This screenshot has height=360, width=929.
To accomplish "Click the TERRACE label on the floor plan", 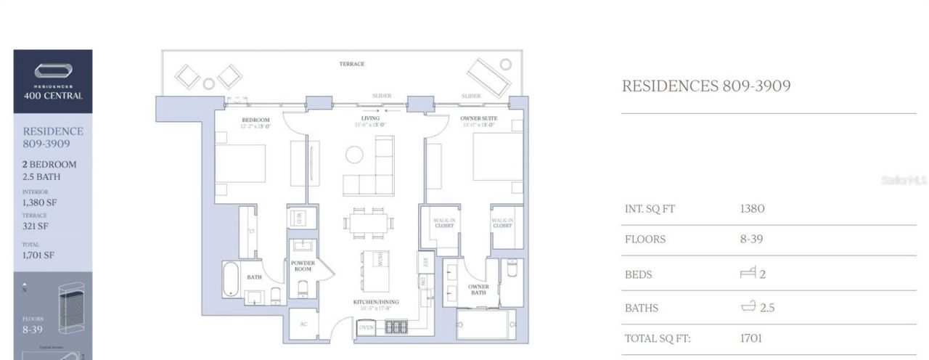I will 351,64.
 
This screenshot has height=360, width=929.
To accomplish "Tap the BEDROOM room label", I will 255,120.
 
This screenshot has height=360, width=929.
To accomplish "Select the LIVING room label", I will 370,118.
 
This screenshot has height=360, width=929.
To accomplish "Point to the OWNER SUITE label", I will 478,118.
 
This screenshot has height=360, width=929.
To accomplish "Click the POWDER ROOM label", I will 303,266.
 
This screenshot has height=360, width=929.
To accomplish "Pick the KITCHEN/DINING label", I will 376,302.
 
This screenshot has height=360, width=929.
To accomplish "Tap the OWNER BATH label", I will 478,290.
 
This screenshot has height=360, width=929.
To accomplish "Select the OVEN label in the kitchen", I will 367,328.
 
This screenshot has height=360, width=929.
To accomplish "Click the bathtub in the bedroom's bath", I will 230,279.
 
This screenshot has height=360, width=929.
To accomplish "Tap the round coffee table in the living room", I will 354,155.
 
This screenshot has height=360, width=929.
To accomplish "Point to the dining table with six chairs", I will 368,223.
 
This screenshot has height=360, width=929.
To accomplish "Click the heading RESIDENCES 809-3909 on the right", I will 705,86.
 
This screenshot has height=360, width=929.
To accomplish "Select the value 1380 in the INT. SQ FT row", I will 752,208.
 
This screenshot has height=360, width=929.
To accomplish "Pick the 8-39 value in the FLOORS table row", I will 751,239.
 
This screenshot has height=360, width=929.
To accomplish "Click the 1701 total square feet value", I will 751,338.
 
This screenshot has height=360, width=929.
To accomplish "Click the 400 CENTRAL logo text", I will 53,96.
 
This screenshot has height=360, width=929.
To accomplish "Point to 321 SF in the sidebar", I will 36,226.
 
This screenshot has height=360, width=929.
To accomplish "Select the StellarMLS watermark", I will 904,180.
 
